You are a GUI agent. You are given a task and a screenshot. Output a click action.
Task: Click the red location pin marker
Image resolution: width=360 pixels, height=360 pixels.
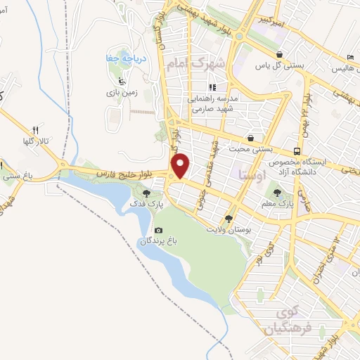[181, 165]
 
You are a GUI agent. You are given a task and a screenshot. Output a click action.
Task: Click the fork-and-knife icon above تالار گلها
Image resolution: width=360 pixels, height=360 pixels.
[34, 131]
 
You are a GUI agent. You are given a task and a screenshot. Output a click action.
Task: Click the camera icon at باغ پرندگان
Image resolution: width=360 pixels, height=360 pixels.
[159, 231]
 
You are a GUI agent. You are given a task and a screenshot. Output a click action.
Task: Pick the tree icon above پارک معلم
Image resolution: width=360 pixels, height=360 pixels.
[279, 189]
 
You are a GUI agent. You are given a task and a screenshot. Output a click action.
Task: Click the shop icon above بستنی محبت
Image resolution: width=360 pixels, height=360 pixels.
[252, 138]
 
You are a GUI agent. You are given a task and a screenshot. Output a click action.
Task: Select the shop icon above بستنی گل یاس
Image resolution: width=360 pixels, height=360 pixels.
[281, 54]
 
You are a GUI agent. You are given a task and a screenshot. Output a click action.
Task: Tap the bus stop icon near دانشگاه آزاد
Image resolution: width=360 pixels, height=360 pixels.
[297, 150]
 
